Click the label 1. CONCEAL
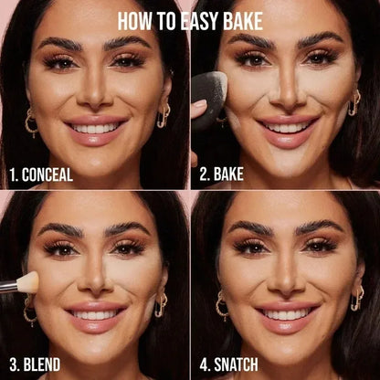[42, 174]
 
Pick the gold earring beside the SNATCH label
[222, 306]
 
